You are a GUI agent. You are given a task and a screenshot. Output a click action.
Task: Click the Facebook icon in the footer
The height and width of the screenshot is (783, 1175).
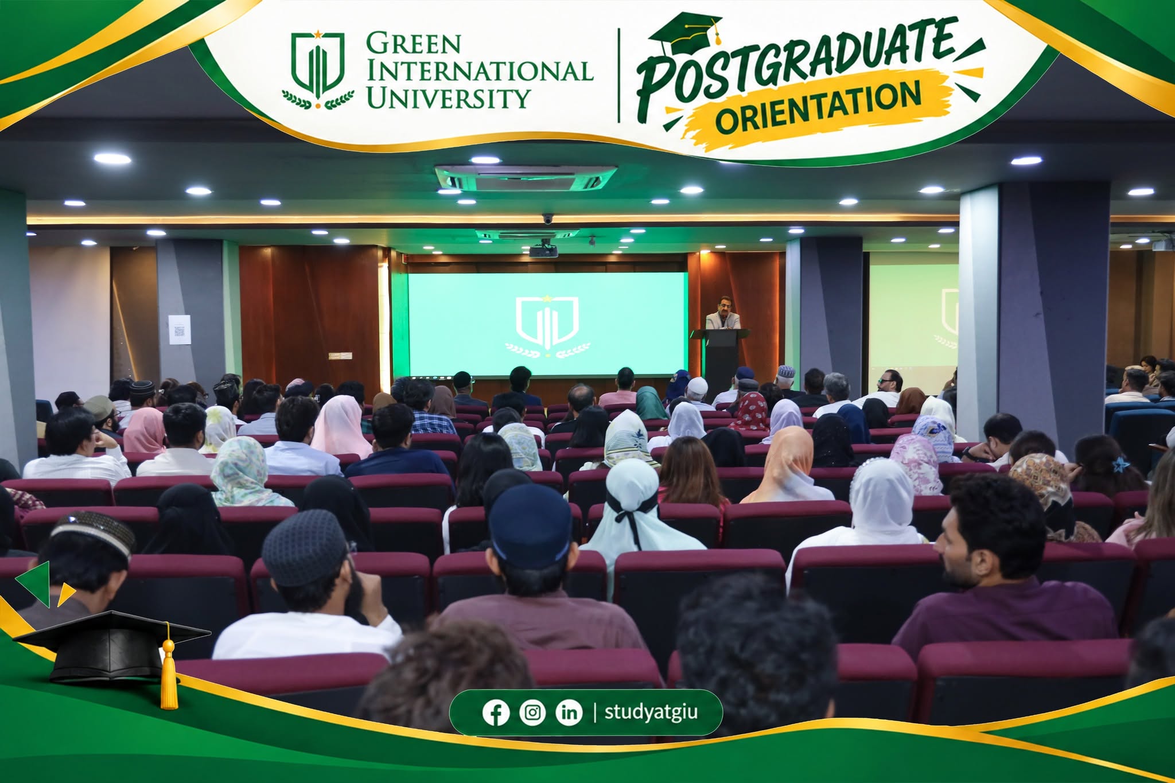pos(496,712)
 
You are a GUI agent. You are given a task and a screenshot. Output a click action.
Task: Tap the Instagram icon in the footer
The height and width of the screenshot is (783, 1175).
pos(532,712)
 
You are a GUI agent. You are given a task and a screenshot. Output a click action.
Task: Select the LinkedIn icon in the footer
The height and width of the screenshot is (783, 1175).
pos(569,712)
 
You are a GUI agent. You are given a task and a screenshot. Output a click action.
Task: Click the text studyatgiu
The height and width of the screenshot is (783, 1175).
pos(651,712)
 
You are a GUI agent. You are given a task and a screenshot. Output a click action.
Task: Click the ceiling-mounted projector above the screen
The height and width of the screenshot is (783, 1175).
pos(543,250)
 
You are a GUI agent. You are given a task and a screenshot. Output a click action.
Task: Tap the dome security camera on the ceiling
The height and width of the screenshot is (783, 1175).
pos(547,218)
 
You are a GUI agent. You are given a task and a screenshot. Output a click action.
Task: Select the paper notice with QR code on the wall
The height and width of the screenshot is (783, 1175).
pos(180,329)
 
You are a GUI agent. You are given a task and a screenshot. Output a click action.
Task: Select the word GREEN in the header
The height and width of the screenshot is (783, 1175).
pos(413,44)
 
